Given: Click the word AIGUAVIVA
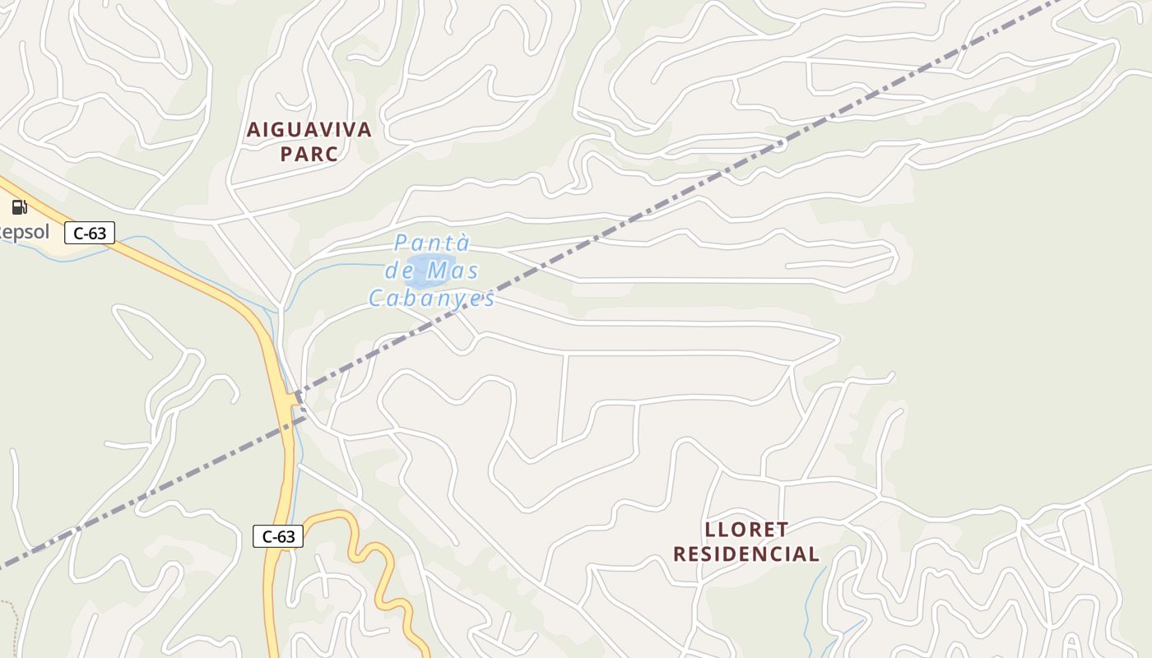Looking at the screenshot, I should [x=309, y=130].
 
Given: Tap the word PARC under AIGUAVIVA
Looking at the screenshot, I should [x=309, y=154].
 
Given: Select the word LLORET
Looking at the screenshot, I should [x=746, y=529].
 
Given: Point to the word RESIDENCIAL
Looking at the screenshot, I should [x=746, y=554].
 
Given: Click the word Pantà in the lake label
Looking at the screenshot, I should [x=432, y=243].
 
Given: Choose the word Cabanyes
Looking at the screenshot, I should [x=432, y=298].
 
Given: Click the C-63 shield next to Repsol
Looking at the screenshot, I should [x=90, y=233].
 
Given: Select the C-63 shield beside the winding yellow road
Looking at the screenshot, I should [x=278, y=536].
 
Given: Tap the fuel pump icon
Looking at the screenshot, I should [x=19, y=207].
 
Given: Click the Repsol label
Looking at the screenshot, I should [x=23, y=232].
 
